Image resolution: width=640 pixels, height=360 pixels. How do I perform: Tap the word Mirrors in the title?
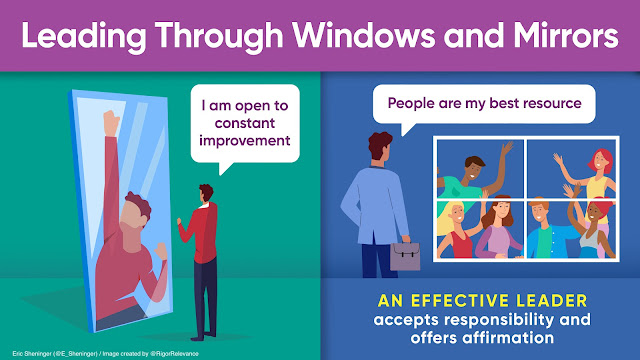tap(566, 36)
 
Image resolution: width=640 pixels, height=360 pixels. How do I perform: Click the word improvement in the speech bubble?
tap(244, 140)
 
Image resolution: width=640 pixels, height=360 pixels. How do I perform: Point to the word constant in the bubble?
tap(244, 123)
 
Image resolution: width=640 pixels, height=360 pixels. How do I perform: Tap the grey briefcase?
tap(405, 256)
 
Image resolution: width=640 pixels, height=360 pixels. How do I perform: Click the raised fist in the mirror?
tap(111, 122)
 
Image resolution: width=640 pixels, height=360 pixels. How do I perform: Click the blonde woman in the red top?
tap(455, 230)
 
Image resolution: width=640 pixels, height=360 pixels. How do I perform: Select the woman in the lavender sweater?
tap(498, 230)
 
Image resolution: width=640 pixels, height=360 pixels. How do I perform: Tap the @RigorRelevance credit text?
tap(174, 354)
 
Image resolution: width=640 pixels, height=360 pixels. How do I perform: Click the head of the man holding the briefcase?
tap(380, 146)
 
